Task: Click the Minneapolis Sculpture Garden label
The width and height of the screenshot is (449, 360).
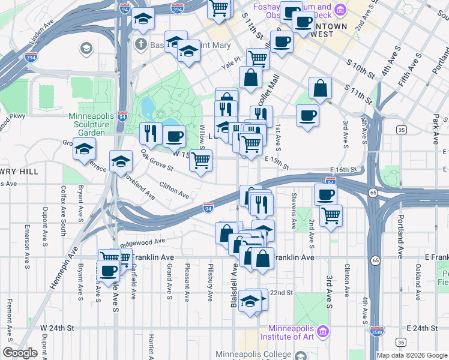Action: click(88, 124)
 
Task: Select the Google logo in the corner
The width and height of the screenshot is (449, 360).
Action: click(20, 353)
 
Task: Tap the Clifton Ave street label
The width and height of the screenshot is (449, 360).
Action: click(174, 191)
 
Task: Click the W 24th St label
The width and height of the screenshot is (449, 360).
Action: click(57, 328)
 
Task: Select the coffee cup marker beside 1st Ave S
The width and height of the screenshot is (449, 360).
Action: click(307, 115)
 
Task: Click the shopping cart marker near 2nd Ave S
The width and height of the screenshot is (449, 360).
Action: click(331, 215)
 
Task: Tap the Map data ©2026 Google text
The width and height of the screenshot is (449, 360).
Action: click(411, 355)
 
